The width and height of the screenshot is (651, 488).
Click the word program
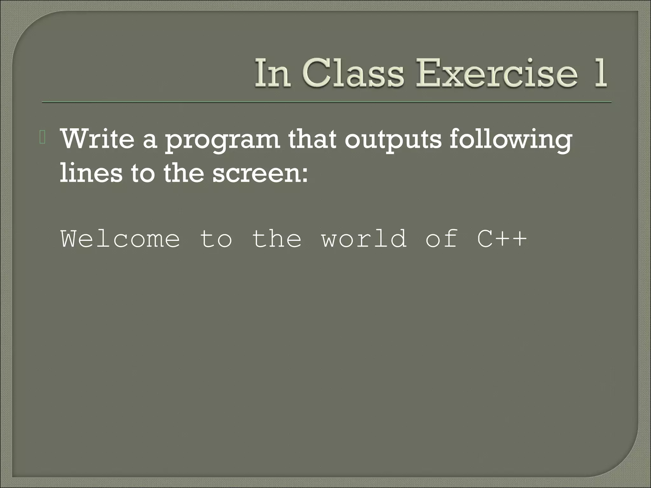tap(223, 141)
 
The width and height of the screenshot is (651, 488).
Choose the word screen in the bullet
tap(256, 175)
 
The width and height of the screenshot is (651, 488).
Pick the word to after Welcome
tap(216, 239)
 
